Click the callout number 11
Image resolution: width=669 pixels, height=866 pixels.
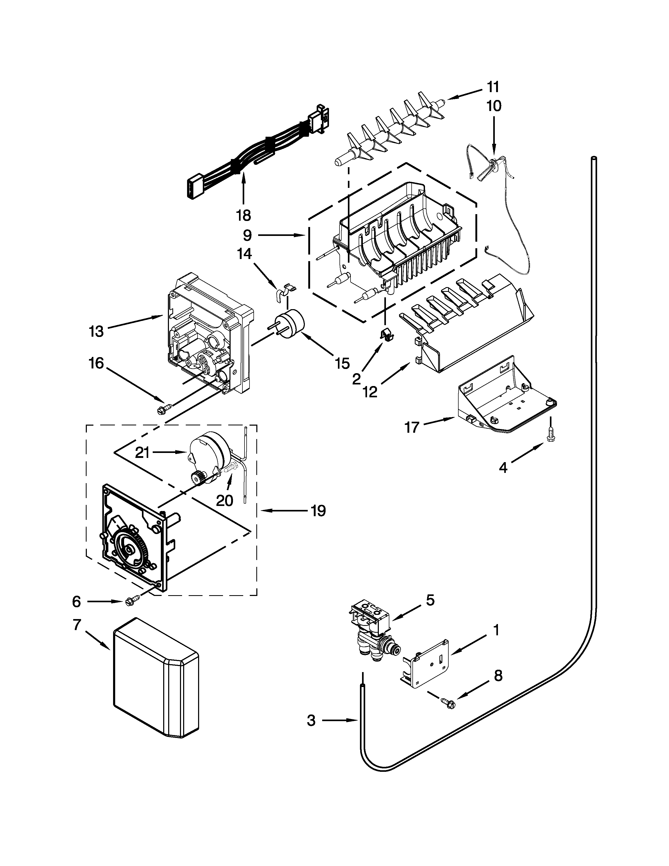[493, 87]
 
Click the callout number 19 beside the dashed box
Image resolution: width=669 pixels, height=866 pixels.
[318, 511]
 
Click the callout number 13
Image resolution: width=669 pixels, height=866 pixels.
[96, 331]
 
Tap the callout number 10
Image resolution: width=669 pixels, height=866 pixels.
[493, 106]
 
